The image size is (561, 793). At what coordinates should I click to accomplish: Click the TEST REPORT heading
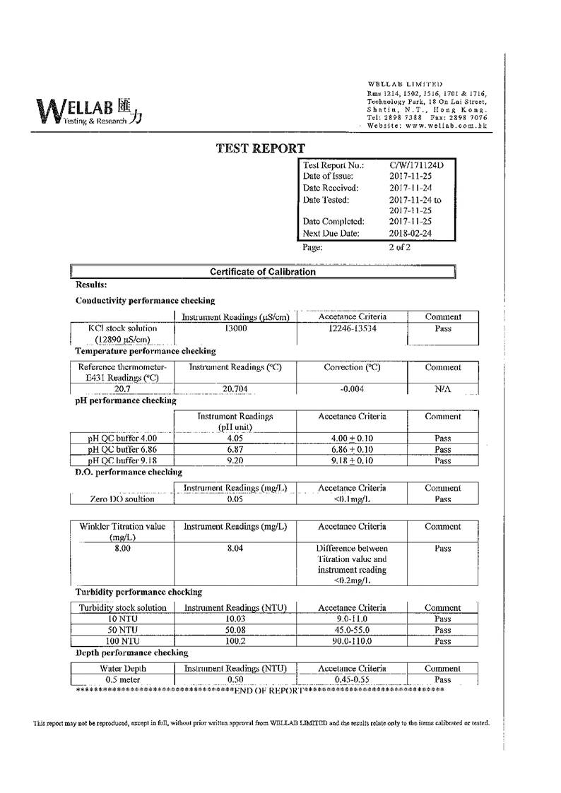tap(260, 148)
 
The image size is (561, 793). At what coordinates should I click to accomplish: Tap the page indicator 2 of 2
tap(399, 247)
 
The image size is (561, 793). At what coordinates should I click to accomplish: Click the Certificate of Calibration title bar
tap(263, 272)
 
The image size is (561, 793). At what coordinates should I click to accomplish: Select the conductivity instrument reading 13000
tap(235, 328)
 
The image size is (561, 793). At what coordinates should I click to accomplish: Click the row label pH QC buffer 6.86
tap(122, 450)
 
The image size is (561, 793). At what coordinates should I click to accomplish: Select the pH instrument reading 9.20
tap(235, 461)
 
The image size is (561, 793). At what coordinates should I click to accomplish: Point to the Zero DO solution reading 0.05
tap(235, 499)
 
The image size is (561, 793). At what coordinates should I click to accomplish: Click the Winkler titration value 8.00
tap(122, 548)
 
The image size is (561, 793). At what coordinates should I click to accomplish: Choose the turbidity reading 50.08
tap(235, 630)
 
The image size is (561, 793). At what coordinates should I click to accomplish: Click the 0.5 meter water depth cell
tap(122, 679)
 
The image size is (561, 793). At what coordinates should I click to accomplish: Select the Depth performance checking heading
tap(132, 653)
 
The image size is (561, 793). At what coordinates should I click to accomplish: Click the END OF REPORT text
tap(268, 690)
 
